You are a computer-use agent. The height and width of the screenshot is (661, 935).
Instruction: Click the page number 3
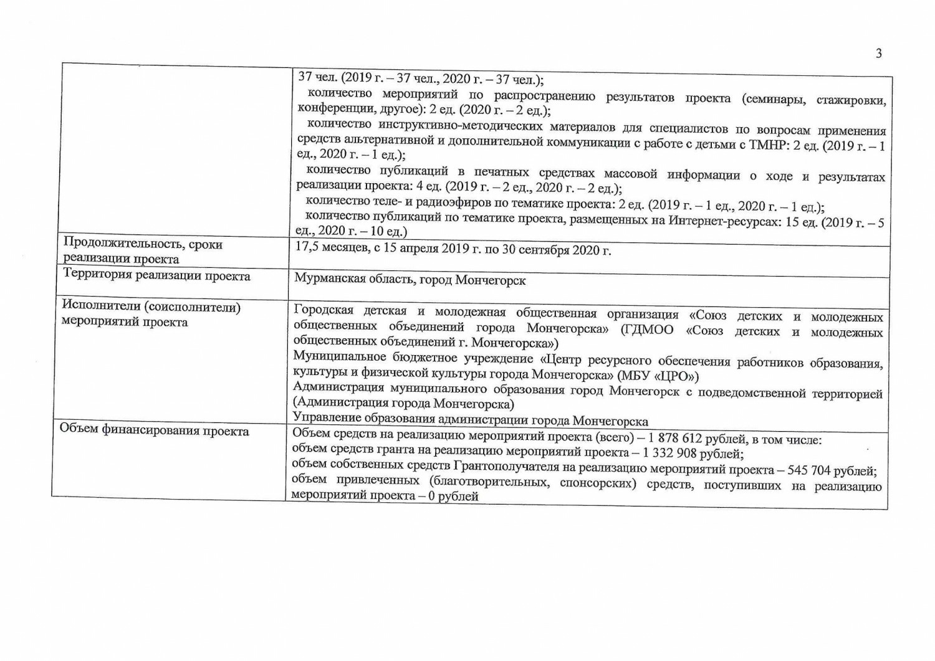(878, 54)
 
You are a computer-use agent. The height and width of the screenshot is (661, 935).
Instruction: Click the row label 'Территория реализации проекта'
(156, 276)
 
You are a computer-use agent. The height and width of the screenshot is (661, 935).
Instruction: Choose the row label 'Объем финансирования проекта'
(154, 431)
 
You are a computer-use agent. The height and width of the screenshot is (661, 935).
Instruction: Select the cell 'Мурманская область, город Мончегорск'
(410, 280)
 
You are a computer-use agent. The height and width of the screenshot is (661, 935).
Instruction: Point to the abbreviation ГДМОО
(646, 330)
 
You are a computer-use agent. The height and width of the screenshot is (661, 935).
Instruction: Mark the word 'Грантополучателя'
(502, 467)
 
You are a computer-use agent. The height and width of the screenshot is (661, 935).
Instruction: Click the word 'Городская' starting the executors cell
(324, 310)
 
